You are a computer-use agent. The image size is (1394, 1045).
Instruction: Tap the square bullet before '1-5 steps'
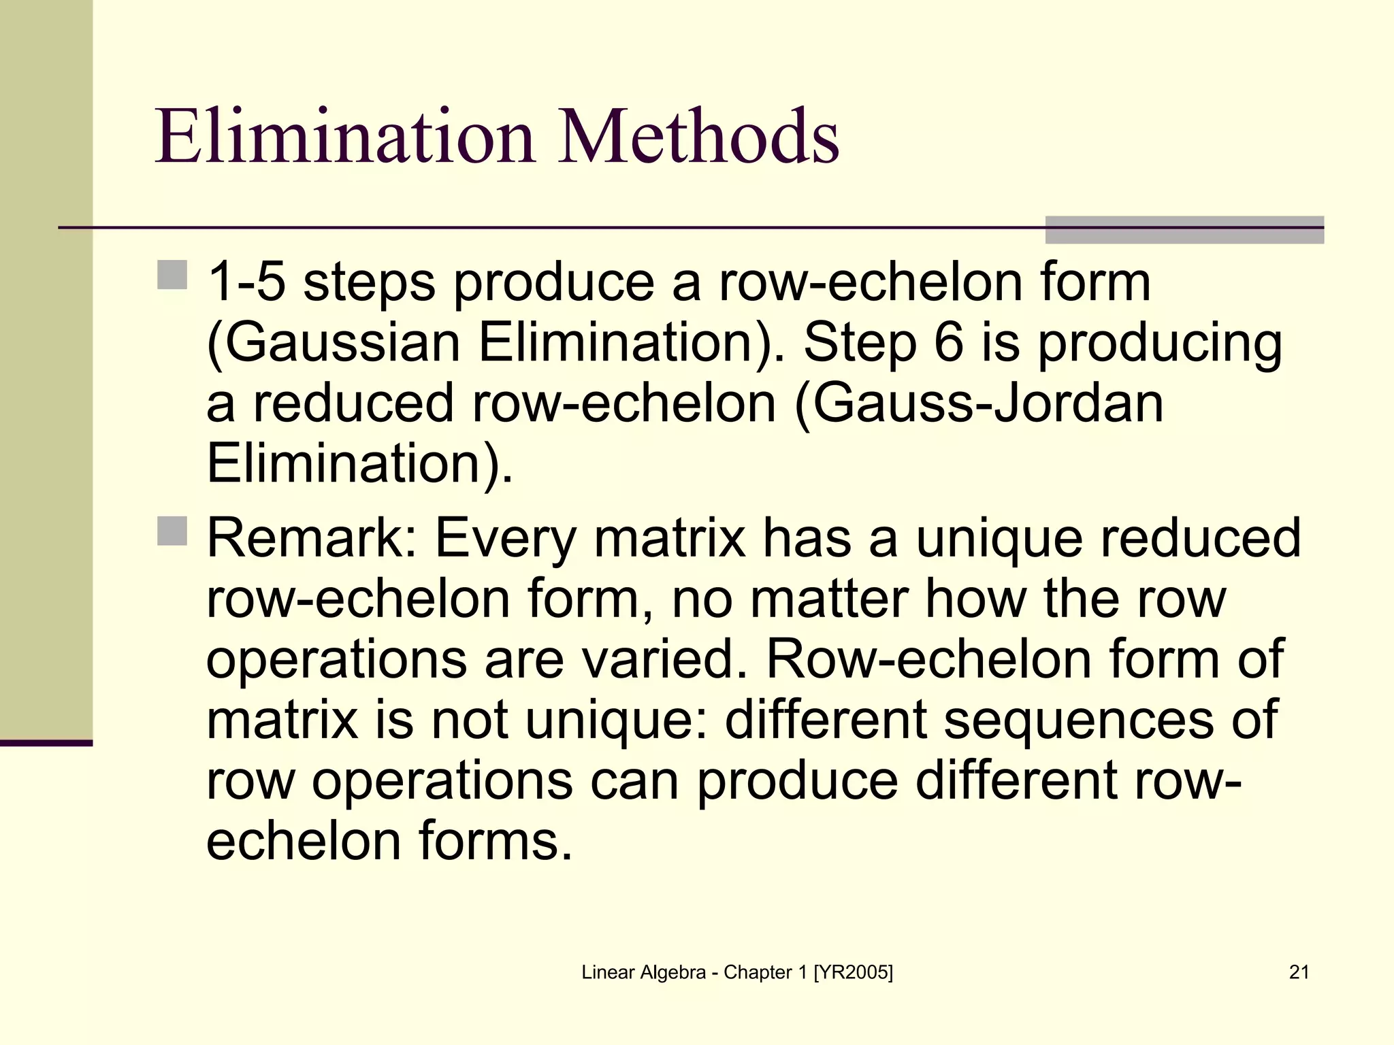point(172,275)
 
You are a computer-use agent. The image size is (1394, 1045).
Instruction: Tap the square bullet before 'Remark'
point(172,531)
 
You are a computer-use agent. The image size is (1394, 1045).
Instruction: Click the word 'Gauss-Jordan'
point(987,403)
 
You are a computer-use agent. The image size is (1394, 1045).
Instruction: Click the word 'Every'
point(506,538)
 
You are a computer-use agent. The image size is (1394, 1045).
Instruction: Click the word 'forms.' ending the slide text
point(495,841)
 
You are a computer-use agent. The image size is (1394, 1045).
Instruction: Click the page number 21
point(1299,972)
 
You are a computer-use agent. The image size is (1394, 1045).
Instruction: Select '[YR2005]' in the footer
point(853,972)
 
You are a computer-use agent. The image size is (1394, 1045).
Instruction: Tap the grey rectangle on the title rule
point(1184,230)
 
